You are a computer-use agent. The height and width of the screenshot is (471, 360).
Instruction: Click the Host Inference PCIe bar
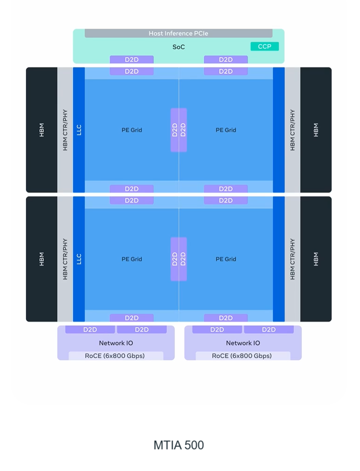(x=178, y=33)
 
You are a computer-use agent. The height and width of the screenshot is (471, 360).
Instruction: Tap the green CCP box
(x=265, y=47)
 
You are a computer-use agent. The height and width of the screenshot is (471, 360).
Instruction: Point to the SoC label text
(x=178, y=47)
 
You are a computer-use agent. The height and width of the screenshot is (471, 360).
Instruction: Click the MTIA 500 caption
(x=178, y=445)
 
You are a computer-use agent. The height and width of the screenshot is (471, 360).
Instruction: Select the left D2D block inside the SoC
(x=132, y=60)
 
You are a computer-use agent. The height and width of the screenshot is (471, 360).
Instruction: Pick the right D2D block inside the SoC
(x=226, y=60)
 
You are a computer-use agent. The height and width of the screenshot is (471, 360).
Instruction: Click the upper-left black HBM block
(x=42, y=130)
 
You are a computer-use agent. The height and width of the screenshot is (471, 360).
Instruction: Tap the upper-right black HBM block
(x=316, y=130)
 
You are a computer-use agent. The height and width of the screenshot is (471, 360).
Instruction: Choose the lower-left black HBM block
(x=42, y=259)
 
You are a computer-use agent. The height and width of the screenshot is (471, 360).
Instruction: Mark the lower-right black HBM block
(x=316, y=259)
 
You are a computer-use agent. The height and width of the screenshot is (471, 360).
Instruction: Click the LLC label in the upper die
(x=79, y=130)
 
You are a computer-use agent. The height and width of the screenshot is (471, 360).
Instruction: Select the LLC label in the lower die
(x=79, y=259)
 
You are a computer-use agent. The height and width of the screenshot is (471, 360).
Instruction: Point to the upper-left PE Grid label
(x=132, y=130)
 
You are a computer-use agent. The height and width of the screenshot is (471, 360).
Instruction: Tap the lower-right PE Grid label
(x=226, y=259)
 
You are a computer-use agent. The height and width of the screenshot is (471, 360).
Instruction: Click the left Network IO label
(x=116, y=343)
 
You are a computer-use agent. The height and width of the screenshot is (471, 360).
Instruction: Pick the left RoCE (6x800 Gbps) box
(x=115, y=356)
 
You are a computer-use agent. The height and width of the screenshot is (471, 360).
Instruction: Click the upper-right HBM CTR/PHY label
(x=292, y=130)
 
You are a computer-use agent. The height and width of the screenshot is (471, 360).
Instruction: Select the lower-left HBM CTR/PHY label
(x=65, y=259)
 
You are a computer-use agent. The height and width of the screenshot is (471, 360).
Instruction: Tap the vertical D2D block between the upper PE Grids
(x=179, y=130)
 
